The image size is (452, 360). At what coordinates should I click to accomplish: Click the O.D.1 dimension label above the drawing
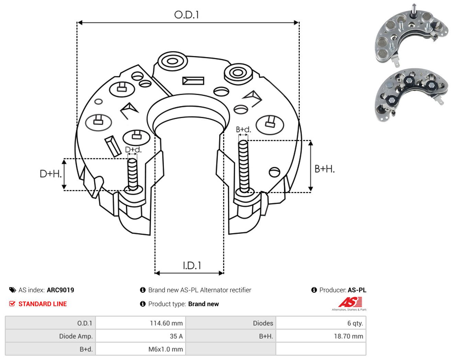point(186,15)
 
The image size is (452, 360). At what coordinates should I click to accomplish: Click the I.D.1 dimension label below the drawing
point(192,266)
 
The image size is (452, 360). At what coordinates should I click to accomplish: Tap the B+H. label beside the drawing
point(324,169)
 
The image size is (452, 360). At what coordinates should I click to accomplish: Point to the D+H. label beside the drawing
point(50,174)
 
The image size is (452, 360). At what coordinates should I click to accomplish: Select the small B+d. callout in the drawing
point(244,130)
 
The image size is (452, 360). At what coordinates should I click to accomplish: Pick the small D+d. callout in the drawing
point(133,149)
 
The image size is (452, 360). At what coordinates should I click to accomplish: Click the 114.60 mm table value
point(166,323)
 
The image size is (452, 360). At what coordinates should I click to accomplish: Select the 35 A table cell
point(176,336)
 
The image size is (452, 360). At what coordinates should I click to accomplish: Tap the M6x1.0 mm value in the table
point(166,349)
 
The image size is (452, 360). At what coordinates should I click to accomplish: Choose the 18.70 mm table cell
point(349,336)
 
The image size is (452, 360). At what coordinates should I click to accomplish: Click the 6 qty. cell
point(355,323)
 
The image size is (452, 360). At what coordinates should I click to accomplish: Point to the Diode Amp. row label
point(76,336)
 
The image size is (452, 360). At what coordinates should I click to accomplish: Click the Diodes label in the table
point(263,323)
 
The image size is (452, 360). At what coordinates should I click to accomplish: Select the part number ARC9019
point(60,290)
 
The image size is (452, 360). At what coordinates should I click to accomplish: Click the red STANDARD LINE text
point(43,304)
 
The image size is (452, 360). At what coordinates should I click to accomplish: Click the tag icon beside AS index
point(13,290)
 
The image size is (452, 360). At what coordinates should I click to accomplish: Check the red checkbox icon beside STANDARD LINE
point(12,304)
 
